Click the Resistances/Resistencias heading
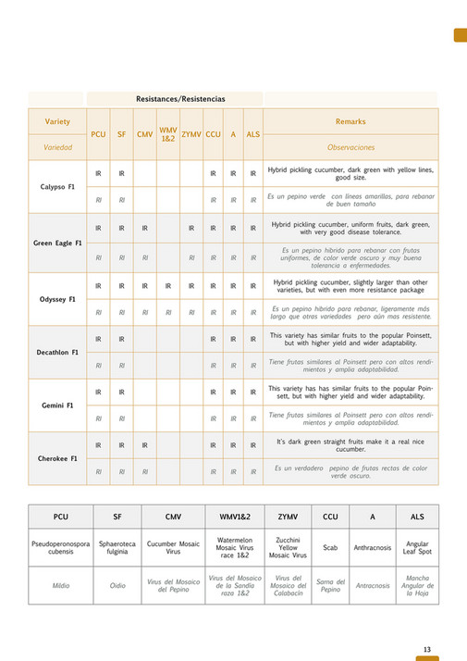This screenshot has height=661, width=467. click(x=179, y=98)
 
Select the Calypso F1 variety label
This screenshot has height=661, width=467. click(x=57, y=186)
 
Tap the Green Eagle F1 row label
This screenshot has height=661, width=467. click(x=57, y=243)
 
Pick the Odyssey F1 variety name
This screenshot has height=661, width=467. click(x=57, y=299)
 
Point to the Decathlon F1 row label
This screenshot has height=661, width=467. click(x=57, y=352)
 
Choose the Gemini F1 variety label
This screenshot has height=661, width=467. click(x=57, y=405)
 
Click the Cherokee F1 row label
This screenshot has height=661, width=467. click(x=57, y=458)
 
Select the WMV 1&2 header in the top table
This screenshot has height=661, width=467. click(x=167, y=134)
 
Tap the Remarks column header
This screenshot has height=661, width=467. click(x=350, y=121)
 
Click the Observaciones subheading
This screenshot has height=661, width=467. click(x=350, y=147)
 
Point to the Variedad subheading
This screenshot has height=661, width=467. click(x=57, y=147)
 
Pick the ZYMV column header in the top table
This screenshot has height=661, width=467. click(x=191, y=134)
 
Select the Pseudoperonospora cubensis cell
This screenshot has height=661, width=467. click(x=60, y=547)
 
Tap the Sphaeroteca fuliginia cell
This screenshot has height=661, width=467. click(x=117, y=547)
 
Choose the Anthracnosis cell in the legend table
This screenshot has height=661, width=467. click(x=373, y=547)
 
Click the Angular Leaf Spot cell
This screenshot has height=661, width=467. click(x=417, y=547)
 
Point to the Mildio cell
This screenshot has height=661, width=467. click(x=60, y=585)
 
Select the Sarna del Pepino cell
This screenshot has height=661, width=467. click(x=330, y=585)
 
